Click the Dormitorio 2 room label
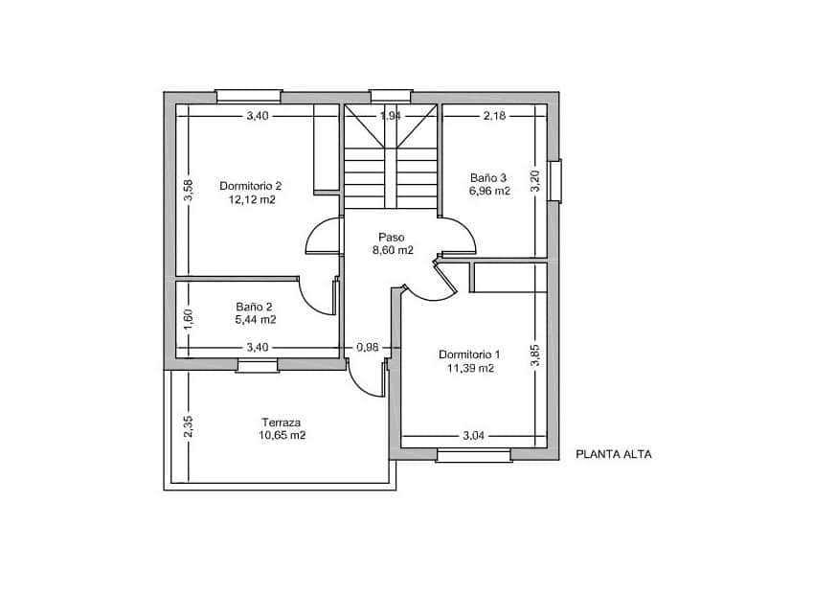click(x=250, y=186)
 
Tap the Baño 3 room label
click(x=488, y=178)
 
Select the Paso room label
click(x=392, y=238)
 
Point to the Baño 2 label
click(x=254, y=307)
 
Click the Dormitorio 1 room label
click(x=469, y=354)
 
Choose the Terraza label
click(x=281, y=423)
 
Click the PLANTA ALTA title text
click(x=614, y=454)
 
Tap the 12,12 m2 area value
click(x=252, y=199)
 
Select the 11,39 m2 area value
click(x=470, y=369)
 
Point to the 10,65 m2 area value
click(x=283, y=435)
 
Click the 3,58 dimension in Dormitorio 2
click(x=189, y=190)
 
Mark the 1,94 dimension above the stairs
click(x=391, y=116)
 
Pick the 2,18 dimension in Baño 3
click(x=494, y=116)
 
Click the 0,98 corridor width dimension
click(x=368, y=348)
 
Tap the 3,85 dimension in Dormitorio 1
click(x=535, y=355)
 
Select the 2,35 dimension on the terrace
click(x=189, y=426)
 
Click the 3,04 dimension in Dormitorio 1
click(x=473, y=436)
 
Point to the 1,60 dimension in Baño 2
click(x=189, y=319)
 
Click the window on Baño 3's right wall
click(x=554, y=181)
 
